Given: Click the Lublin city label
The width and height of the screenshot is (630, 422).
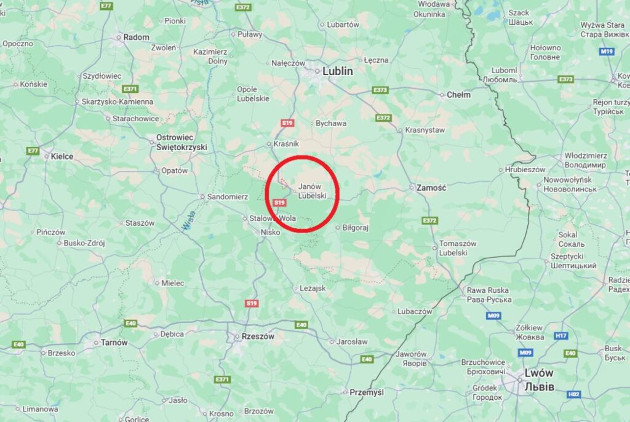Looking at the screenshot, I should point(338,71).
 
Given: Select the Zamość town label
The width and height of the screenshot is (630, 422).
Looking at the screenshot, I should point(431,187).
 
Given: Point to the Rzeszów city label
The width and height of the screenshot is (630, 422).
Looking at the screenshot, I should point(257,336).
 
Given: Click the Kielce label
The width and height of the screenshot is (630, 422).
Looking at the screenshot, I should point(62,156).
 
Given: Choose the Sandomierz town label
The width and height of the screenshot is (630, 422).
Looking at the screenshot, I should point(227,197).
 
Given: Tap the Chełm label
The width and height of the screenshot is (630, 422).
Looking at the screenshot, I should point(458,95).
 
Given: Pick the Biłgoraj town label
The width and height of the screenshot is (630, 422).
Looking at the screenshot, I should point(356,228).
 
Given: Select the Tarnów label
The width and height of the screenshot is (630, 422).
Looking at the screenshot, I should point(114,342).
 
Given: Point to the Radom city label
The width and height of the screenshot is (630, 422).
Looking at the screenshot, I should point(136,37).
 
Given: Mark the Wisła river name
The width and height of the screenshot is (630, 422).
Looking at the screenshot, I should point(188,221).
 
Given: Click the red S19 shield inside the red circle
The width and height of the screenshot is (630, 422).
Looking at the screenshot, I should point(280,202).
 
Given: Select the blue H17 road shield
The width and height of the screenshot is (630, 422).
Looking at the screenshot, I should point(560,335).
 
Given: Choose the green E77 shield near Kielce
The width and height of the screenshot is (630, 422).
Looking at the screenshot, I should point(33,151).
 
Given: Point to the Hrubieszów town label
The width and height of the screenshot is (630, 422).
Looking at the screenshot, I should point(525,169).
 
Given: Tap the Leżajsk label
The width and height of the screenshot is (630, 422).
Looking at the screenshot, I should point(313,288).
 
